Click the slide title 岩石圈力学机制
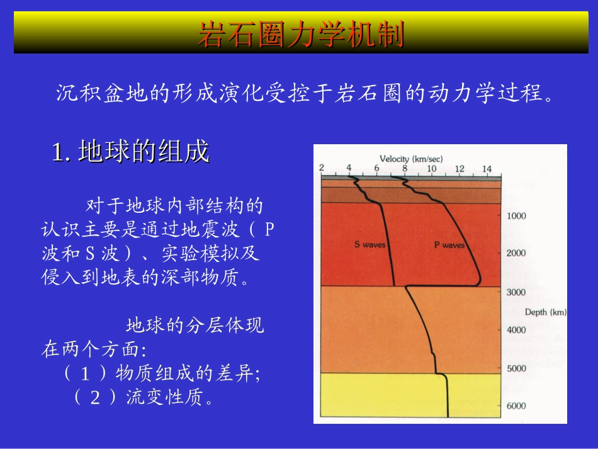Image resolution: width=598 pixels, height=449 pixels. point(302,34)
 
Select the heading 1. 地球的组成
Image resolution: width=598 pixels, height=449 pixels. point(130,151)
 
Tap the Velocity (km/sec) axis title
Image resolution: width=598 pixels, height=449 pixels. point(411,159)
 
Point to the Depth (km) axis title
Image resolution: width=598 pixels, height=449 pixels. point(545,312)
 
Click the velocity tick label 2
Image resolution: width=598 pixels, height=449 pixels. point(322,168)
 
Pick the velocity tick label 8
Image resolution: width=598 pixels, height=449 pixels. point(404,168)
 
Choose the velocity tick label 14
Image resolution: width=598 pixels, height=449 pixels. point(487,169)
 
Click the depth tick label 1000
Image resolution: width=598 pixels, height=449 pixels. point(516,216)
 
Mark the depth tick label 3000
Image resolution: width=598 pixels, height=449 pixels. point(516,292)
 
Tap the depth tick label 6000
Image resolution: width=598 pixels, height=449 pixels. point(516,406)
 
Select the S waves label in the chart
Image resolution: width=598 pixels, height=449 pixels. point(370,244)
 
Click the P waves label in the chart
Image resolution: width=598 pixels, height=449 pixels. point(449,245)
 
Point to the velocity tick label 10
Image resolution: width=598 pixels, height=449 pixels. point(431,169)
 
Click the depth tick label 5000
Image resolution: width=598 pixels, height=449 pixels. point(516,368)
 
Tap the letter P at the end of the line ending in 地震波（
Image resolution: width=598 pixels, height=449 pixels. point(269,229)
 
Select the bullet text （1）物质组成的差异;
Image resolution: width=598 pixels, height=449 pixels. point(162,373)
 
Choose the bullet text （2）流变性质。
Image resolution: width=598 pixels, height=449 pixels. point(143,397)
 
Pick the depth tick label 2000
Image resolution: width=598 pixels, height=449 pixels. point(516,253)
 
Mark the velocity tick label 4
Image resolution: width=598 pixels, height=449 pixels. point(349,168)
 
